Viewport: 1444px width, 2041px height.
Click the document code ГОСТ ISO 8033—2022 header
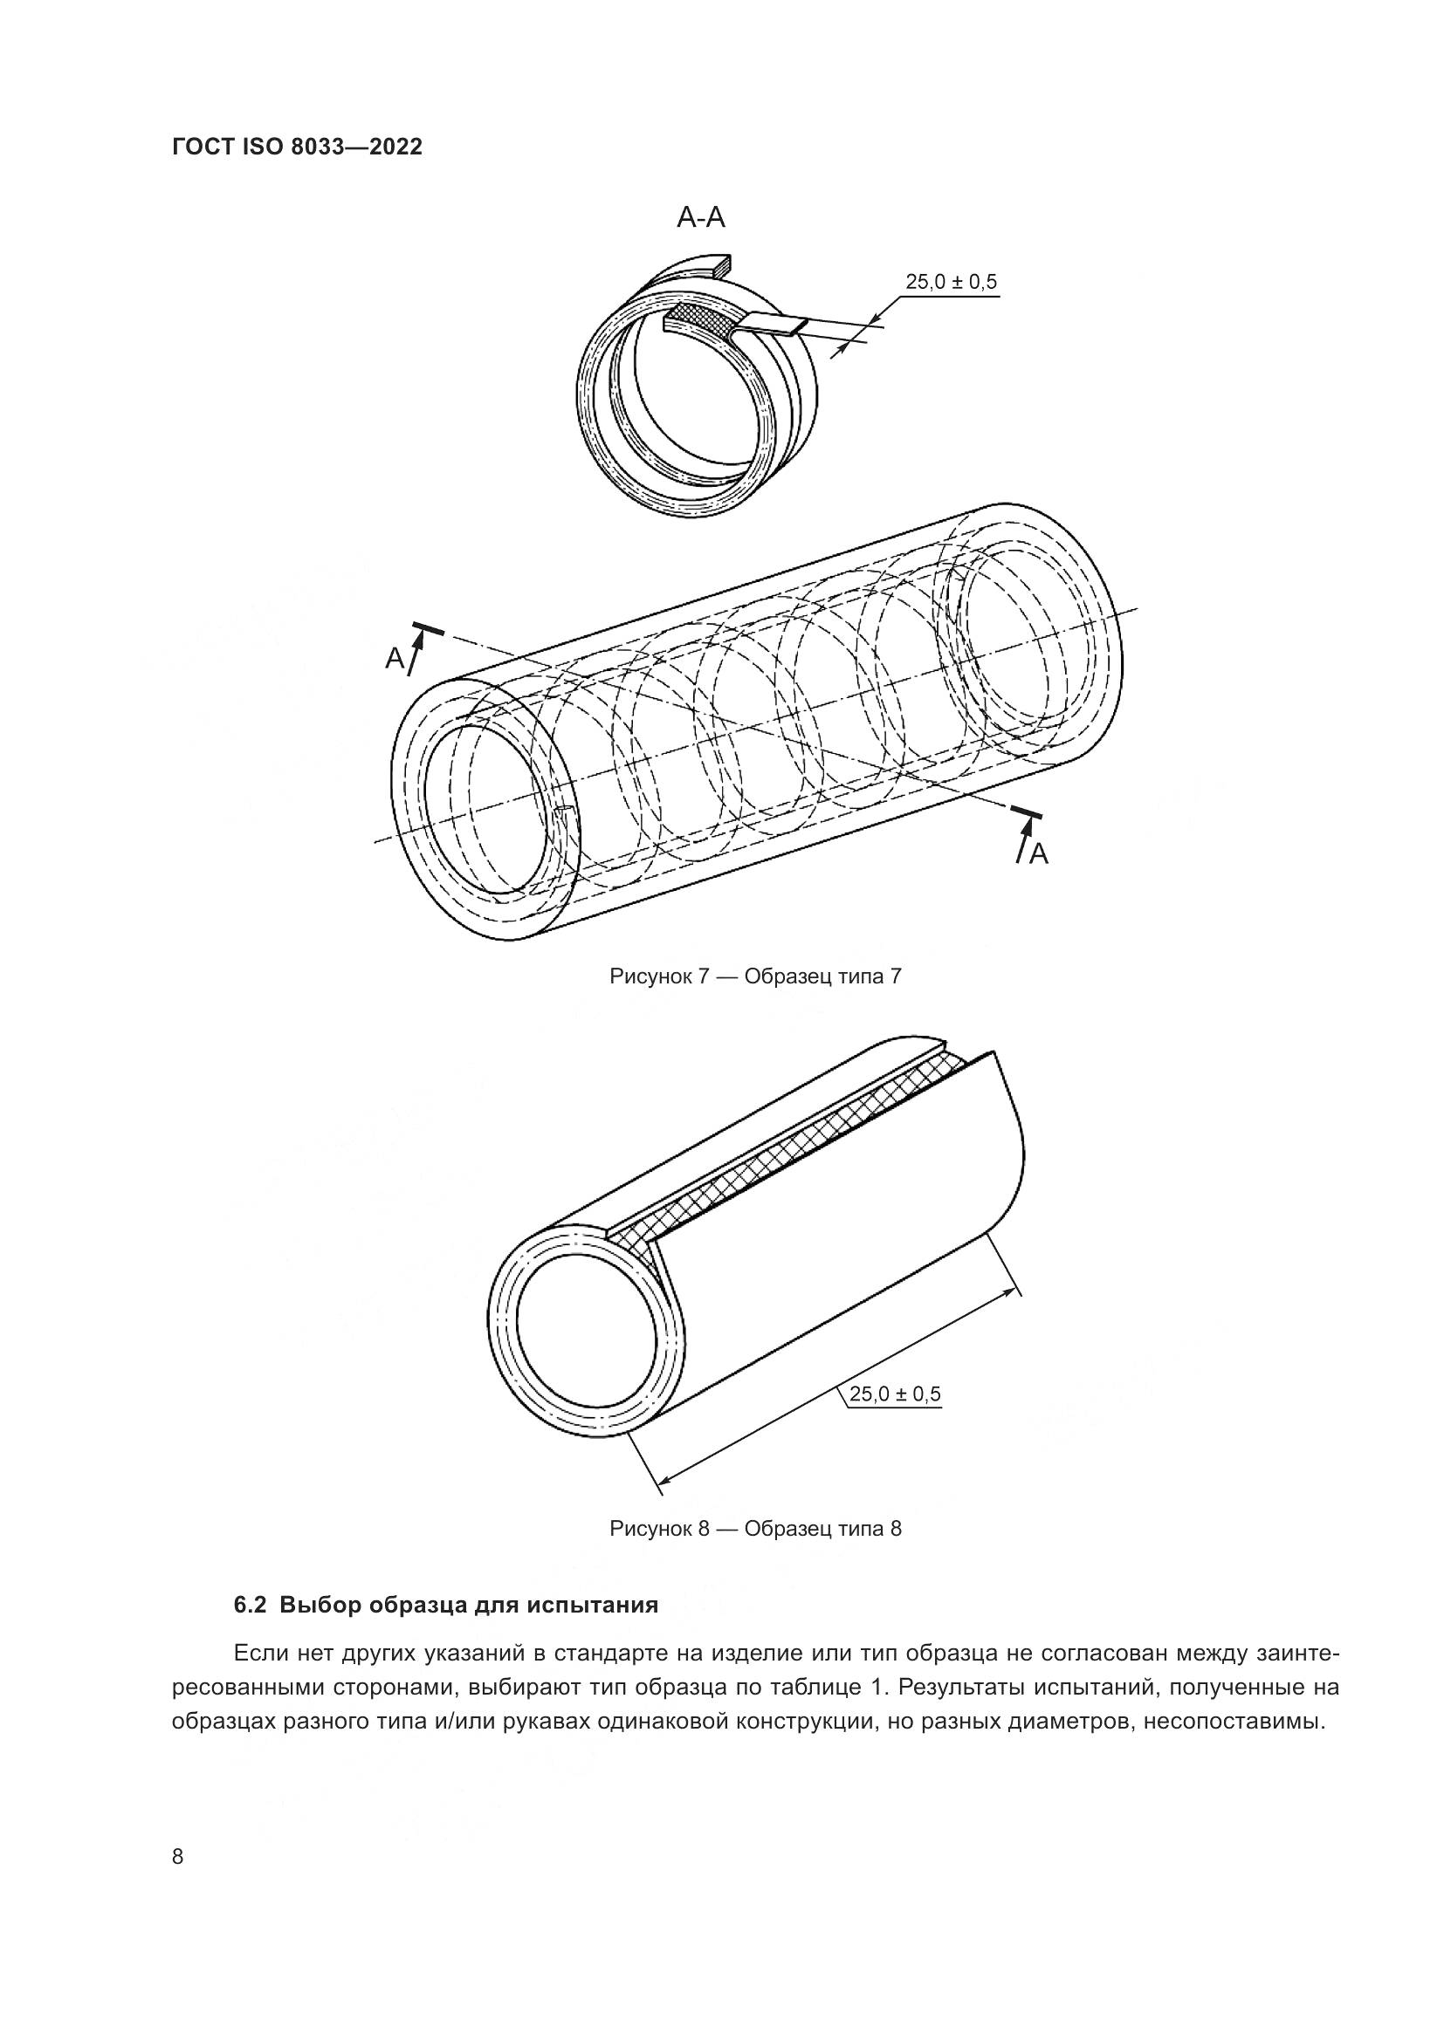[x=297, y=147]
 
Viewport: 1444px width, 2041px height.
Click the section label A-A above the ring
[x=701, y=217]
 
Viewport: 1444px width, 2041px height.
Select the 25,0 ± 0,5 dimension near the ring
[x=951, y=283]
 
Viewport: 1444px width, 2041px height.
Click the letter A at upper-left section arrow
[x=394, y=659]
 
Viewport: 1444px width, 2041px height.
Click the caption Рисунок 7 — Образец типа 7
[x=755, y=977]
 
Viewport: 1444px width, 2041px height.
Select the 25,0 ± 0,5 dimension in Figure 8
[x=895, y=1394]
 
